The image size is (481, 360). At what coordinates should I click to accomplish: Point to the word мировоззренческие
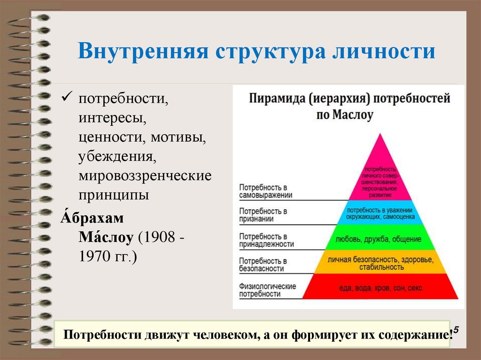point(145,176)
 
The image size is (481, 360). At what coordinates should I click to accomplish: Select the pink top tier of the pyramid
point(380,178)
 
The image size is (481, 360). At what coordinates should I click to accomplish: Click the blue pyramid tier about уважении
point(380,213)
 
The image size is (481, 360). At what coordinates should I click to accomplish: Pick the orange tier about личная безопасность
point(380,263)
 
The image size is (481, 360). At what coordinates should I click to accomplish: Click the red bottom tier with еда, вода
point(380,287)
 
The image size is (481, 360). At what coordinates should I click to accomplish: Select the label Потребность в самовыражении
point(265,191)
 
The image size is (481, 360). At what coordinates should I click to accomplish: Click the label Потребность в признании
point(263,215)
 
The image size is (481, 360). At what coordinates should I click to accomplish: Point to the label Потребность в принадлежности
point(266,240)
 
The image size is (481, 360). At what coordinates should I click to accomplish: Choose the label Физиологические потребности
point(267,290)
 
